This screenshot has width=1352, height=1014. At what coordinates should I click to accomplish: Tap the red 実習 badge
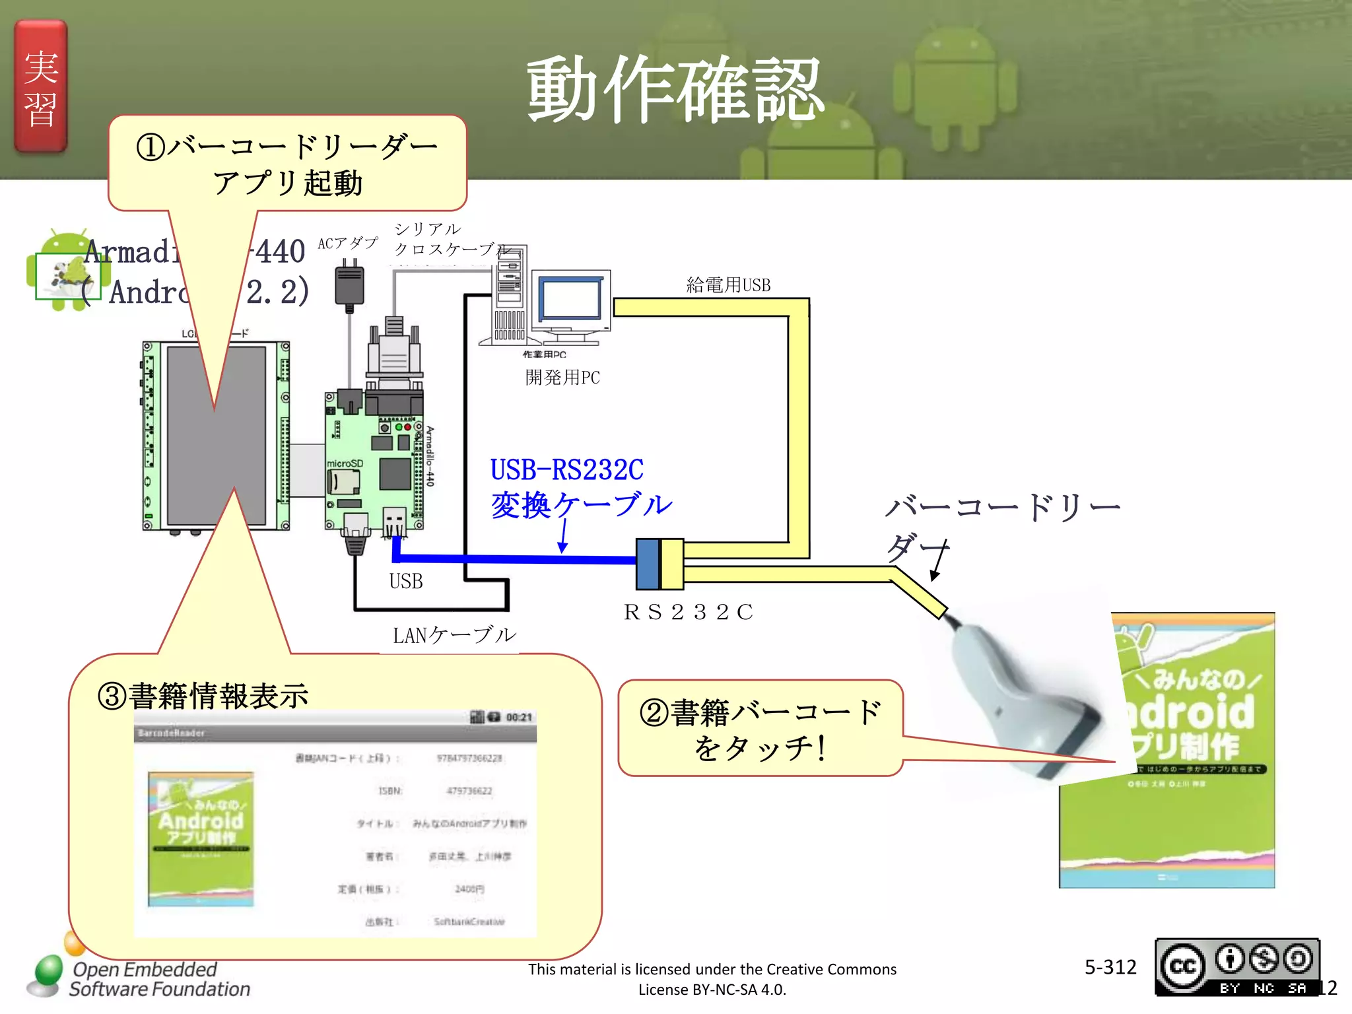click(x=41, y=87)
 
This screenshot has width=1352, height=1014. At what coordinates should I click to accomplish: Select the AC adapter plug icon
click(x=349, y=285)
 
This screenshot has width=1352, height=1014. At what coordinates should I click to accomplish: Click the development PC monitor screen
click(x=570, y=299)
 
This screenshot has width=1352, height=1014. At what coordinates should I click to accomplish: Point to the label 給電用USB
click(x=728, y=285)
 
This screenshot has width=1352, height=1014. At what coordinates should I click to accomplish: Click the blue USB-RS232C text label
click(x=566, y=470)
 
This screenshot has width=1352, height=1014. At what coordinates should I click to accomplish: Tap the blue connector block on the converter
click(x=648, y=564)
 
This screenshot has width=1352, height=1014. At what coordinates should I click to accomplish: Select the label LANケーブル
click(x=454, y=635)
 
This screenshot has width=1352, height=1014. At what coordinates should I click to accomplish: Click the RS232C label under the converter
click(x=688, y=612)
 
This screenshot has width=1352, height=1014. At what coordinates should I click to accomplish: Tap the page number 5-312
click(x=1110, y=967)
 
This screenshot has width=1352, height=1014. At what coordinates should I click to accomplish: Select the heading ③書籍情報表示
click(x=203, y=696)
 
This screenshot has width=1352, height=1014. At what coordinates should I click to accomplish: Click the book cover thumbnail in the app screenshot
click(x=201, y=839)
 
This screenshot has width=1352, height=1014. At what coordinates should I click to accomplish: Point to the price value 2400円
click(x=469, y=889)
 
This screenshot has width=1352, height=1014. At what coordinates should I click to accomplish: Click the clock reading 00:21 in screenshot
click(x=519, y=718)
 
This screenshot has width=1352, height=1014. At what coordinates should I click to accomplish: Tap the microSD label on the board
click(x=345, y=463)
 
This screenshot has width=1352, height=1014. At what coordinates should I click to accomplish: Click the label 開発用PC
click(x=562, y=378)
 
